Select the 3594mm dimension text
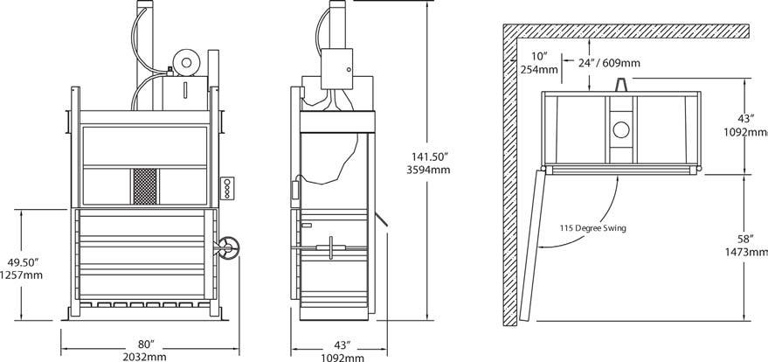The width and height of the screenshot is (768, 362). click(x=428, y=171)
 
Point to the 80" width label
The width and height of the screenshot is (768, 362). click(x=146, y=345)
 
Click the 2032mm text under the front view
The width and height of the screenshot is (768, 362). click(x=146, y=357)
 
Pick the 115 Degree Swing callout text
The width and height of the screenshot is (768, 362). click(x=592, y=228)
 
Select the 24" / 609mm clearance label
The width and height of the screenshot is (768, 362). click(x=608, y=63)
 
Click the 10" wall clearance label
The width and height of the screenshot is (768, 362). click(x=539, y=55)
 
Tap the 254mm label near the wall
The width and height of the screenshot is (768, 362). click(x=539, y=70)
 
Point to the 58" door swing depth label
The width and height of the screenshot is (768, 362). click(x=745, y=239)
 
